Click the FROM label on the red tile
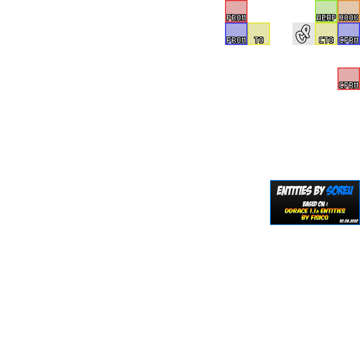coord(236,18)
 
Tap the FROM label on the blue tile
coord(236,40)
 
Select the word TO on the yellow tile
coord(259,40)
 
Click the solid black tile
coord(302,34)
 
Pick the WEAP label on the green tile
coord(326,18)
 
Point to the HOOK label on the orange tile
coord(349,18)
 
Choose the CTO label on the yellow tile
coord(326,40)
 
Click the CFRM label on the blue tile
coord(349,40)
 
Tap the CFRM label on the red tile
coord(349,85)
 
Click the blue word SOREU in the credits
coord(340,191)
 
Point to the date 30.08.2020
coord(349,221)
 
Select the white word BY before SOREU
coord(319,191)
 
